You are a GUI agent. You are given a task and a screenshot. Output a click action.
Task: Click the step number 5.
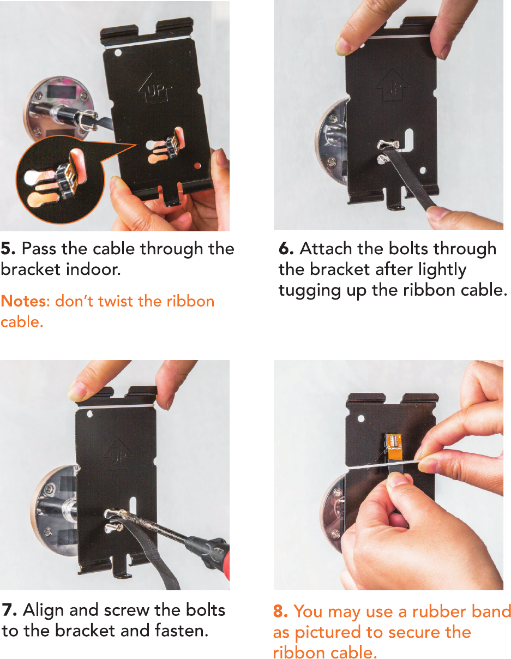click(x=8, y=249)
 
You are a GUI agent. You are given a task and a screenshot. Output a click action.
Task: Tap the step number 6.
click(x=286, y=249)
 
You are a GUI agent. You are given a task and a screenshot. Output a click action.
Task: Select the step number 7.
click(x=9, y=610)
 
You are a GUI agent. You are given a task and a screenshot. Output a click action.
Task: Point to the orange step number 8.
click(x=280, y=612)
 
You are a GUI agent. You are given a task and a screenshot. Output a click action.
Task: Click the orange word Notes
click(x=23, y=301)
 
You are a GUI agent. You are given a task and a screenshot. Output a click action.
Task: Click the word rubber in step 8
click(x=438, y=612)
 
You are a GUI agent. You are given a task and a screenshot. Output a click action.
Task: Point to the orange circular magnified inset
click(x=61, y=181)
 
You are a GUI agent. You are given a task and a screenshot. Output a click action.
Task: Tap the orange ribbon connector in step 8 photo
click(x=394, y=448)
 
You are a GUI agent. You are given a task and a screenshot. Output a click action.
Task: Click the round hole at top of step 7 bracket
click(x=90, y=414)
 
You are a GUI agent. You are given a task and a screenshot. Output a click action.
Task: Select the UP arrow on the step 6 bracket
click(x=392, y=85)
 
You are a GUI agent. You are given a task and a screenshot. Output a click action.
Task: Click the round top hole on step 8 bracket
click(x=361, y=418)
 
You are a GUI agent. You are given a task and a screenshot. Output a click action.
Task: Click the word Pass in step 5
click(x=39, y=249)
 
